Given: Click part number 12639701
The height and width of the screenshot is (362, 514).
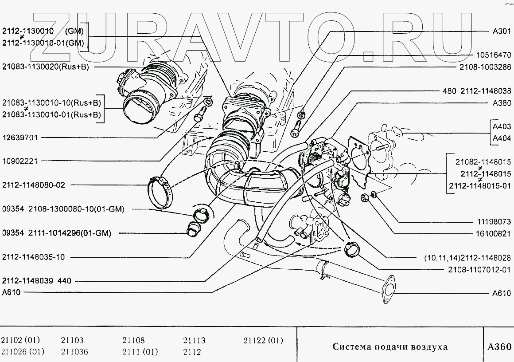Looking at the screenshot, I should click(x=20, y=138).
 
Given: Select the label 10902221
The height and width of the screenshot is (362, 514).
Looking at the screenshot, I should click(x=20, y=161).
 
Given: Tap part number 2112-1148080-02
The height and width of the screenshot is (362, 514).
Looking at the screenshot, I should click(x=33, y=185).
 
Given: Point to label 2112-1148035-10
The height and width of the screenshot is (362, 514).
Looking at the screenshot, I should click(x=33, y=256).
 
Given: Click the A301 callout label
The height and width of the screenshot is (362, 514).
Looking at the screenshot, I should click(x=502, y=31).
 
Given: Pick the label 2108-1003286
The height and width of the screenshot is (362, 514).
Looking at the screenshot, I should click(x=485, y=67).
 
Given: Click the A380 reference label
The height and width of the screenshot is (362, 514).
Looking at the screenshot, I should click(x=502, y=102).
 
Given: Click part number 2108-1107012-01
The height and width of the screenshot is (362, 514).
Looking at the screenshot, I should click(x=480, y=269).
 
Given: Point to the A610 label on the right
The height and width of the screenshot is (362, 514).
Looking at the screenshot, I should click(x=502, y=293).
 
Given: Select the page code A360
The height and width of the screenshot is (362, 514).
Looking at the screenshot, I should click(x=499, y=346).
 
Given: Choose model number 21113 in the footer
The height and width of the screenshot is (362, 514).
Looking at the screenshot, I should click(x=194, y=341).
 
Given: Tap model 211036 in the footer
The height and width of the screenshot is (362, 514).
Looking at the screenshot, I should click(x=74, y=352).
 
